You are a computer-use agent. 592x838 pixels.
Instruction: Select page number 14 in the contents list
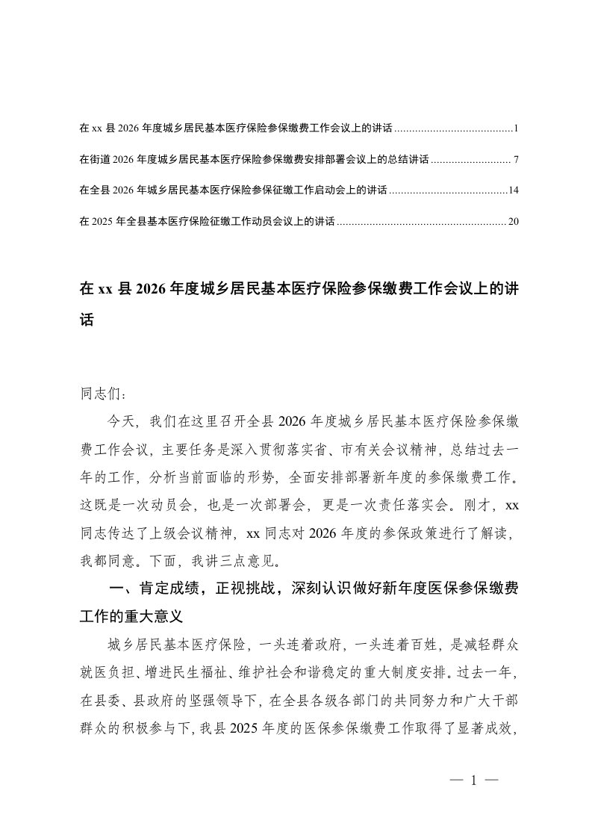[513, 190]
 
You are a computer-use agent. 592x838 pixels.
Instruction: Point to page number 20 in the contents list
[513, 221]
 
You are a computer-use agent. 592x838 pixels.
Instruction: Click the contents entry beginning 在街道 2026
[253, 160]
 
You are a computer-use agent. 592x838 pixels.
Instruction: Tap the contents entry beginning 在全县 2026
[232, 190]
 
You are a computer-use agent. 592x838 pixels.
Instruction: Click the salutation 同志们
[97, 391]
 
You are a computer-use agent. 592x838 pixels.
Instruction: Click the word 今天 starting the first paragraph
[120, 421]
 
